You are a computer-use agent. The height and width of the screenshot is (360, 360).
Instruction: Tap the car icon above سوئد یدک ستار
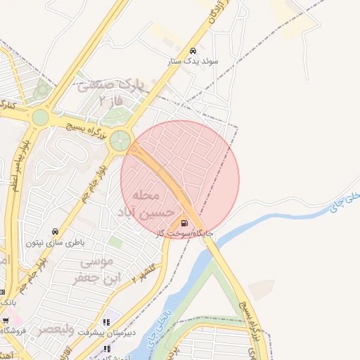pos(193,51)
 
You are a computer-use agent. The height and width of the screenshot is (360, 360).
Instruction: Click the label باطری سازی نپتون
pos(56,243)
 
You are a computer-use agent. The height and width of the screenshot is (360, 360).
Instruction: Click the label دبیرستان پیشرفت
pos(105,331)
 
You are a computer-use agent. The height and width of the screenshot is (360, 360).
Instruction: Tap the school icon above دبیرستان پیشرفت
pos(106,321)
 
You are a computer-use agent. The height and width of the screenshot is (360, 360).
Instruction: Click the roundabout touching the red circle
pos(120,140)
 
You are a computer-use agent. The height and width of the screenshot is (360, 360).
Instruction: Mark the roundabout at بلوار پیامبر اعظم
pos(41,117)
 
